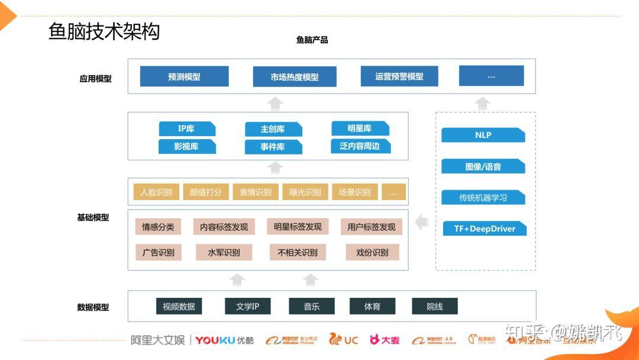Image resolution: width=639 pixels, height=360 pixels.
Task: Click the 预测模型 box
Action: click(x=184, y=77)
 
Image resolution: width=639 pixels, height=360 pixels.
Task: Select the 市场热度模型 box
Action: click(x=295, y=77)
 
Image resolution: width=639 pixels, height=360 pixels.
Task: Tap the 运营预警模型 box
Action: click(x=399, y=76)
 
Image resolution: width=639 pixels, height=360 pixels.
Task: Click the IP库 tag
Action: click(x=186, y=128)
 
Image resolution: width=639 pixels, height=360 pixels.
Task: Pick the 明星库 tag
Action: click(x=360, y=128)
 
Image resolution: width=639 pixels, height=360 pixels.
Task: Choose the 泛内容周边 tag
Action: click(x=360, y=146)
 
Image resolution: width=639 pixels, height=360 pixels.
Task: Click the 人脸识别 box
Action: click(x=156, y=192)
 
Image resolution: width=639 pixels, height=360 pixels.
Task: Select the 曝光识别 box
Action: click(x=305, y=192)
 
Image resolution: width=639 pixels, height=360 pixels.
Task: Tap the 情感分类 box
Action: click(x=158, y=227)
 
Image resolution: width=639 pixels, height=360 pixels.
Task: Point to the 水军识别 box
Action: click(x=224, y=252)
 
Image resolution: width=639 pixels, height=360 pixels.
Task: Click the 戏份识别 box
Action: click(x=372, y=252)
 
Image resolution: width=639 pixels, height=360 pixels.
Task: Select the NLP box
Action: click(x=483, y=135)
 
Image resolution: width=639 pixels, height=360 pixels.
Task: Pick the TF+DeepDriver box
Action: click(x=485, y=229)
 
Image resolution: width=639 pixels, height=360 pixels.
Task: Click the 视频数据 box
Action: click(x=179, y=306)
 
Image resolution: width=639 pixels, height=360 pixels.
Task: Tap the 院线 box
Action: click(x=435, y=306)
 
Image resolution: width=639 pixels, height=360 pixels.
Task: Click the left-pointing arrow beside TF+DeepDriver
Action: click(x=422, y=223)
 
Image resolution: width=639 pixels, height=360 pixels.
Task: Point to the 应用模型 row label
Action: click(x=95, y=78)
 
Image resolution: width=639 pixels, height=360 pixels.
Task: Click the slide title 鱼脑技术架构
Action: click(x=104, y=31)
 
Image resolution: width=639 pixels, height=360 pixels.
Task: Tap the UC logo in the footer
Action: click(x=344, y=339)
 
